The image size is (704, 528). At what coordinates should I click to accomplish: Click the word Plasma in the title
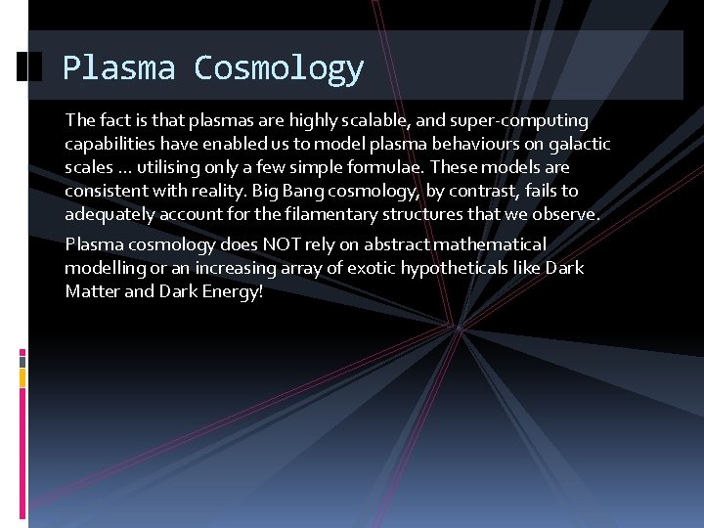point(118,67)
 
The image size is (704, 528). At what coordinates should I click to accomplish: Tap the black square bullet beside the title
point(29,66)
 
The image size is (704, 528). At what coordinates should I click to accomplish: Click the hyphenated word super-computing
point(519,121)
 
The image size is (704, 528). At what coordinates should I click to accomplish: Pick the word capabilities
point(110,144)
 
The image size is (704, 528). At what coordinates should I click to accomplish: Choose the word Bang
point(303,192)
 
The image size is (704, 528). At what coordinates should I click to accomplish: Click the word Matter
point(93,291)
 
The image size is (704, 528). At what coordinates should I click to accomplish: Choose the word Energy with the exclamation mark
point(232,292)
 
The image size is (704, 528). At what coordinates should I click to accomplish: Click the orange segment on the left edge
point(22,377)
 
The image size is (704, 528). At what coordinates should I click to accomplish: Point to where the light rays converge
point(458,328)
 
